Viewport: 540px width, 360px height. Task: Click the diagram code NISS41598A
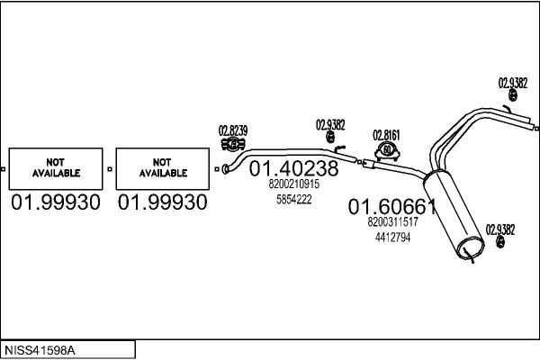click(x=40, y=350)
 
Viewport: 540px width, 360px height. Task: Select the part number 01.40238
click(x=293, y=168)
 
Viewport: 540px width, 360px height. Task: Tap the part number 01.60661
click(x=392, y=207)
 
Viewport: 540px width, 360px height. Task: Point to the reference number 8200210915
click(x=294, y=184)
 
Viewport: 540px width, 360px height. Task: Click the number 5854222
click(x=294, y=199)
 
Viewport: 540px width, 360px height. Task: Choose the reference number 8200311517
click(x=393, y=222)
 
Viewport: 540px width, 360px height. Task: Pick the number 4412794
click(x=393, y=238)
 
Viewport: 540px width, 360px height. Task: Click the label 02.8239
click(x=233, y=130)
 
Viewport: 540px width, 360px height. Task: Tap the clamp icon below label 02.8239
click(x=233, y=144)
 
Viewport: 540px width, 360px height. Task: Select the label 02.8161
click(x=386, y=135)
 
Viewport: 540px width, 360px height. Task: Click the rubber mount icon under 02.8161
click(x=387, y=151)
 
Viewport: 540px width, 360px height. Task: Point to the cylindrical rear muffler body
click(x=454, y=214)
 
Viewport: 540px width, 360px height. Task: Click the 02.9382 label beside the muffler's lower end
click(x=500, y=229)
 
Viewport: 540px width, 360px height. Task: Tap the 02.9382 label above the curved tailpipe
click(x=513, y=83)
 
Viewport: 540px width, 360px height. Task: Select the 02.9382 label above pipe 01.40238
click(x=330, y=125)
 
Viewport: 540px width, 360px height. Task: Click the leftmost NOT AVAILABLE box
click(x=56, y=169)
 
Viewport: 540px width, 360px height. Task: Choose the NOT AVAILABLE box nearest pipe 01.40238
click(x=163, y=169)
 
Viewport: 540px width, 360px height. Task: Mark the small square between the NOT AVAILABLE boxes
click(x=110, y=169)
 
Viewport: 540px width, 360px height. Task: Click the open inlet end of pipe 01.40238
click(x=225, y=169)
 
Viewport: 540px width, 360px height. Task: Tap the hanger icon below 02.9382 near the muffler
click(x=500, y=242)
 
